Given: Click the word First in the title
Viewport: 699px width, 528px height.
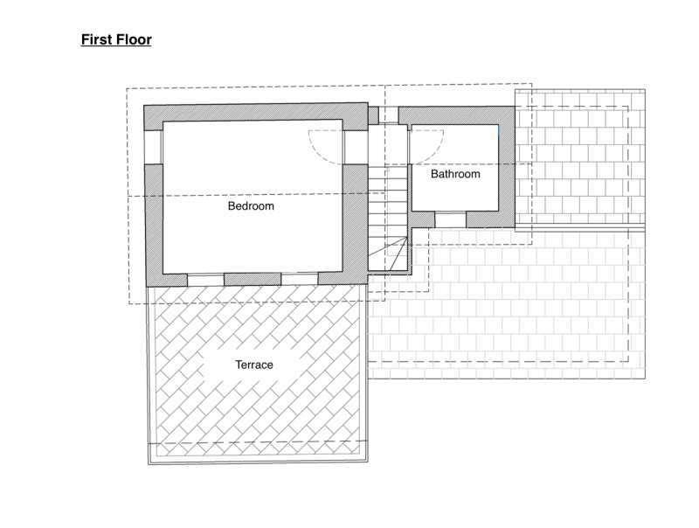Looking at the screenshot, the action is point(95,39).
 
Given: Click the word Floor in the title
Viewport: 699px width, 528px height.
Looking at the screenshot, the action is point(133,39).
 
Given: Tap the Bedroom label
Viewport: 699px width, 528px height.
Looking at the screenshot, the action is point(251,206).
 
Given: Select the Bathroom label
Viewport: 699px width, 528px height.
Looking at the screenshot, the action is point(455,174).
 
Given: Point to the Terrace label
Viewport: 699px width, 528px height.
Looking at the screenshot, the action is point(254,365).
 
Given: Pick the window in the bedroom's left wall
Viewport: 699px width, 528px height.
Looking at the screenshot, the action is point(154,147).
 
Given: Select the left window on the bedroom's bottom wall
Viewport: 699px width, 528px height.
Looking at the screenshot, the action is point(205,280).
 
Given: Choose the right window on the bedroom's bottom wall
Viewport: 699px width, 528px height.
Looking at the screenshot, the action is point(300,278).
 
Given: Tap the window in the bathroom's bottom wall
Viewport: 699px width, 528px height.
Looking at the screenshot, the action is point(450,219).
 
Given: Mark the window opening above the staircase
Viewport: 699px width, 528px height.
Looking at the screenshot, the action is point(388,115).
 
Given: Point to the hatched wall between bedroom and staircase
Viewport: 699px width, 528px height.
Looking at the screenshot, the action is point(356,218).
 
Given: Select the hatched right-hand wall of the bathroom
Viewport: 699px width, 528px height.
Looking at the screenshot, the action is point(507,167).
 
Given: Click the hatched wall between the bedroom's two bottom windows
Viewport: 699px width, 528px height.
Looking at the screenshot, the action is point(253,279).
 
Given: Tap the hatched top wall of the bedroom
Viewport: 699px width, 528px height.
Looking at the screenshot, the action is point(255,113).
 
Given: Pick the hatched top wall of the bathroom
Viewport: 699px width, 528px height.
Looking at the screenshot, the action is point(456,115).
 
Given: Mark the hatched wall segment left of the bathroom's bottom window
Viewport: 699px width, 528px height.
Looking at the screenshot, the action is point(422,219).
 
